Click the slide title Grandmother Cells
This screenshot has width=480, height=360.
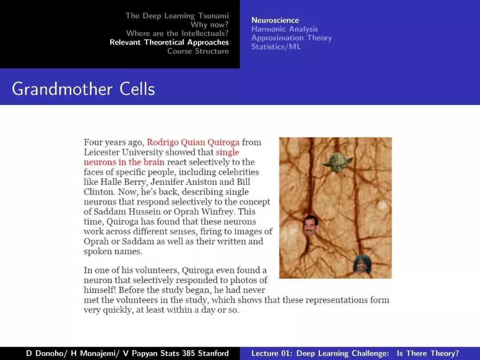click(x=84, y=89)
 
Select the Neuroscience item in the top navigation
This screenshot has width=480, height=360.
click(x=275, y=20)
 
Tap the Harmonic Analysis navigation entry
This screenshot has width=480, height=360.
click(x=284, y=29)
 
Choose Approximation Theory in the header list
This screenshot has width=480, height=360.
click(x=291, y=38)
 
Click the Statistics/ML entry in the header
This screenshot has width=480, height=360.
click(x=276, y=47)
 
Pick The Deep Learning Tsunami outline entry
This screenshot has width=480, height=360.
click(x=177, y=16)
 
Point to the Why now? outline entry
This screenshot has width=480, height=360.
click(x=209, y=24)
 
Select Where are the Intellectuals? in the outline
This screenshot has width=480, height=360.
click(x=177, y=33)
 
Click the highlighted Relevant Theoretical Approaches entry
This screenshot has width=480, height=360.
click(x=169, y=42)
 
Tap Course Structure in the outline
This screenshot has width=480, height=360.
click(x=198, y=51)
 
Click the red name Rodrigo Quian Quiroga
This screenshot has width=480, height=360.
click(x=193, y=143)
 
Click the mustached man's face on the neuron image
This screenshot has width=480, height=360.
click(x=311, y=225)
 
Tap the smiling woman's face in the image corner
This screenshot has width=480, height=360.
click(x=362, y=264)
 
